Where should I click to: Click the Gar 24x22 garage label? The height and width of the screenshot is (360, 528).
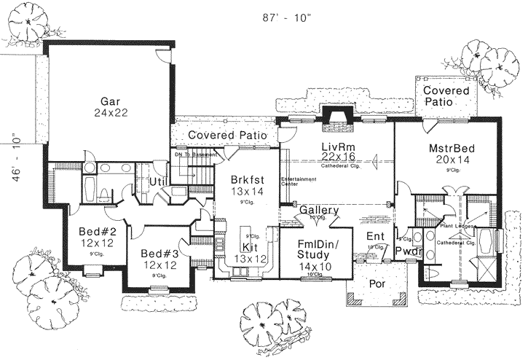click(111, 107)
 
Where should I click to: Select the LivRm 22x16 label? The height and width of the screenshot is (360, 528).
click(337, 152)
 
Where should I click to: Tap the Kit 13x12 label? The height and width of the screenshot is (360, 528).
click(250, 254)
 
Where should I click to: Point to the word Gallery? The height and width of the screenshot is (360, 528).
click(319, 211)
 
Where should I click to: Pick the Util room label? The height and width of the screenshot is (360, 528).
click(159, 181)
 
